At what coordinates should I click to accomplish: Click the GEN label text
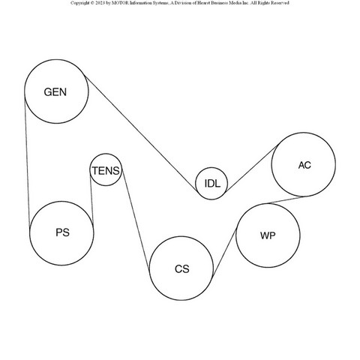[55, 92]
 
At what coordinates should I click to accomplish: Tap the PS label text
[62, 232]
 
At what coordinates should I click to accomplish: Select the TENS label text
[106, 171]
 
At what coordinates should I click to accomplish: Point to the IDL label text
[212, 184]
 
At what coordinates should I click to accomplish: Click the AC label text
[304, 165]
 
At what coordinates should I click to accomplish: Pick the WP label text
[268, 235]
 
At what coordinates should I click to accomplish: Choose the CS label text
[182, 269]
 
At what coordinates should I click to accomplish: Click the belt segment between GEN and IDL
[141, 133]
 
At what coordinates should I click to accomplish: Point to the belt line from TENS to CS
[136, 221]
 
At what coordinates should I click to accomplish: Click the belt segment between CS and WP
[224, 253]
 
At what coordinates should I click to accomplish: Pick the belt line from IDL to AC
[252, 169]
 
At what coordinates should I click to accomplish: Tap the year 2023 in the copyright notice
[100, 3]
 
